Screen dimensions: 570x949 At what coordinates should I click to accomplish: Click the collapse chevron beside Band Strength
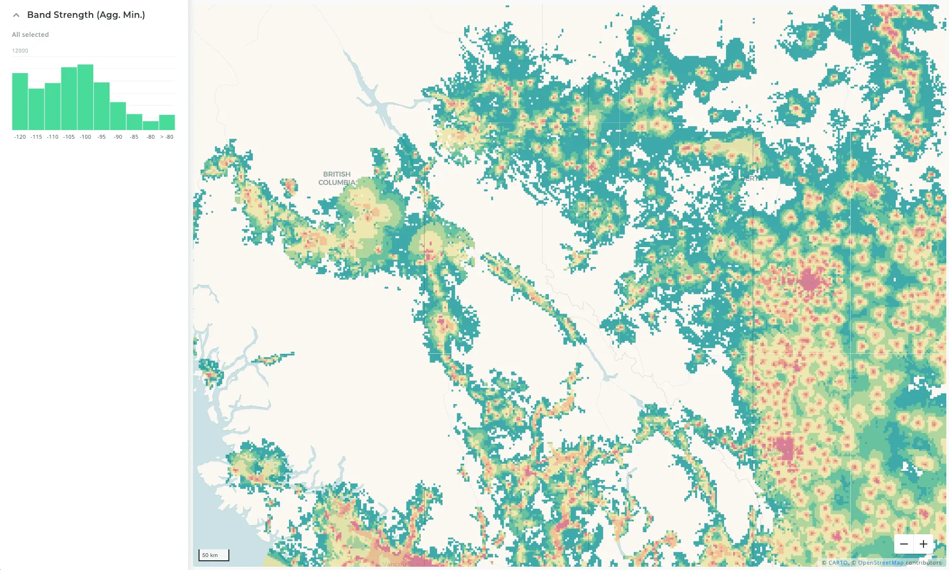click(16, 15)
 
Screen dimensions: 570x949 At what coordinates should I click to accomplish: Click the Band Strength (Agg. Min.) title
click(86, 15)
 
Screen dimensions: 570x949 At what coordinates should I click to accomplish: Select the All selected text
click(30, 35)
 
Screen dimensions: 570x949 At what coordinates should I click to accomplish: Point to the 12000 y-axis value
click(20, 51)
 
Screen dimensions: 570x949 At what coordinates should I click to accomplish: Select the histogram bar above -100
click(85, 98)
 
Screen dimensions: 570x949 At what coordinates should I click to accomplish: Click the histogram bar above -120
click(20, 102)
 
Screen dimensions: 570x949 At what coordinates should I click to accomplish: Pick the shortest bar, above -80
click(151, 126)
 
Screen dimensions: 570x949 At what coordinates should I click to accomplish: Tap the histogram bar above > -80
click(167, 122)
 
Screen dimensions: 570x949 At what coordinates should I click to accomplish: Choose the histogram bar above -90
click(118, 116)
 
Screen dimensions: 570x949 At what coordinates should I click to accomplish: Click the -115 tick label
click(36, 137)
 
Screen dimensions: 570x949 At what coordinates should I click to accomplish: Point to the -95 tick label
click(101, 137)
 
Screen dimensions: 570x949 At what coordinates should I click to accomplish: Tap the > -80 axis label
click(167, 137)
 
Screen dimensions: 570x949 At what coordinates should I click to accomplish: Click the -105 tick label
click(69, 137)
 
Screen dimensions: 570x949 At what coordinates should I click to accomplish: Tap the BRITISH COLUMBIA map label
click(337, 178)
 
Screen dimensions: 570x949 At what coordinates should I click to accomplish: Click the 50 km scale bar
click(214, 555)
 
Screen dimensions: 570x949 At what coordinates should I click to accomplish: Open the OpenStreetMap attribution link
click(881, 563)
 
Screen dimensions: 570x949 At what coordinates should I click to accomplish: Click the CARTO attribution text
click(838, 563)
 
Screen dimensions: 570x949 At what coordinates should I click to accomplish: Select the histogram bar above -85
click(134, 122)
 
